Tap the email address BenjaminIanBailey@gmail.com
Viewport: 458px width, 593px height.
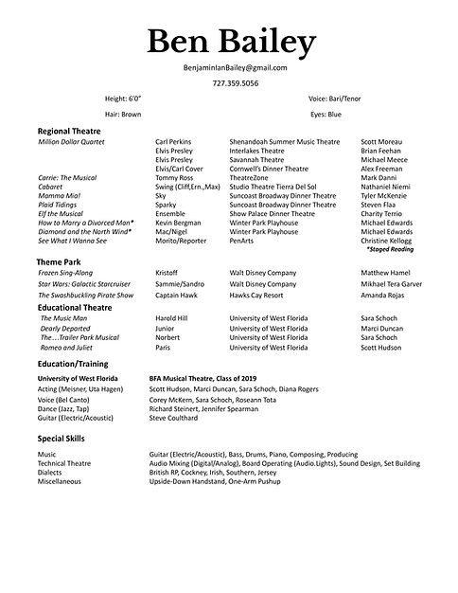pyautogui.click(x=232, y=68)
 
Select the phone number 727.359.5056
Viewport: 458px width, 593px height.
pyautogui.click(x=232, y=82)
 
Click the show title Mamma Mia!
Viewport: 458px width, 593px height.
pyautogui.click(x=60, y=195)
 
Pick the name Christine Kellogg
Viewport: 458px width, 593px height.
pyautogui.click(x=388, y=241)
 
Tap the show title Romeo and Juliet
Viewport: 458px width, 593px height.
pyautogui.click(x=66, y=348)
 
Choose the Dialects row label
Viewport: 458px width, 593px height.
pyautogui.click(x=52, y=473)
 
